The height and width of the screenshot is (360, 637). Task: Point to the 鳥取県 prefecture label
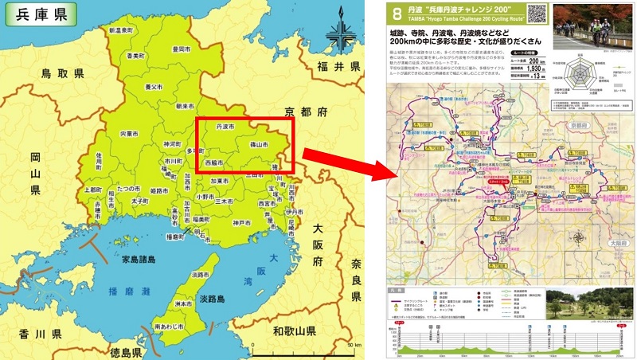[63, 74]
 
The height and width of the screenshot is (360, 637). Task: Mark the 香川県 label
[33, 334]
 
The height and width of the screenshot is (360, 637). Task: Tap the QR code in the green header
[537, 14]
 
